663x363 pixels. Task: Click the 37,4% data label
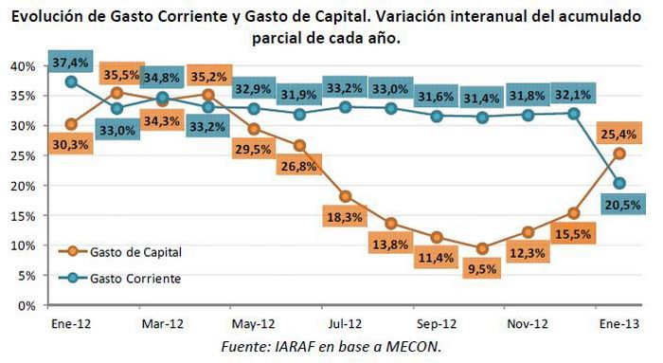click(72, 63)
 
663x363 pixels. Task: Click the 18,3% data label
click(344, 217)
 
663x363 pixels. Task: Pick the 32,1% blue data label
click(573, 94)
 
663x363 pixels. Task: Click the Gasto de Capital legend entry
click(134, 252)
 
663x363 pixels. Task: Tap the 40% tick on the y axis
click(22, 66)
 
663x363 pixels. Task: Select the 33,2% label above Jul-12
click(345, 88)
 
